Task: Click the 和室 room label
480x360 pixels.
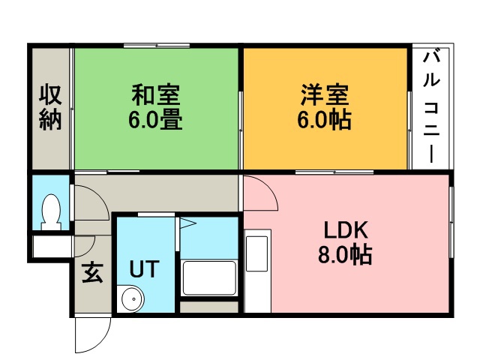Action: pos(157,96)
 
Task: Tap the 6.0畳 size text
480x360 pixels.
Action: pos(157,119)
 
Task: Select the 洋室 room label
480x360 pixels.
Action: pos(325,96)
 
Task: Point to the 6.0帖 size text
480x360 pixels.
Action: pos(325,119)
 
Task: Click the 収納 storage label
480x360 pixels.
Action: pos(49,108)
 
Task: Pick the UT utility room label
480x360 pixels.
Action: pos(142,268)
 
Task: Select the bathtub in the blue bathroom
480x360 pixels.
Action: pos(209,280)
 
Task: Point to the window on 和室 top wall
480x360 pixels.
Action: pos(157,46)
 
